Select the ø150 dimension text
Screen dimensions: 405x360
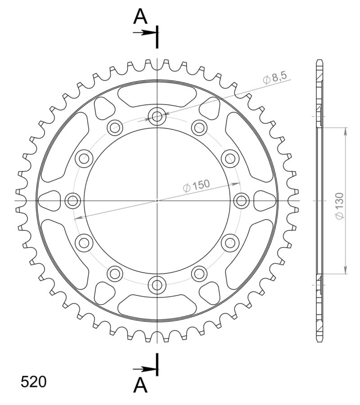coord(196,185)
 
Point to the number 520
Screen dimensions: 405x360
coord(33,382)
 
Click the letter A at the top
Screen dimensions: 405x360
coord(141,17)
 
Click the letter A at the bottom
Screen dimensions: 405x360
coord(141,385)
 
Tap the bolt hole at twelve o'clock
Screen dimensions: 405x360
coord(157,117)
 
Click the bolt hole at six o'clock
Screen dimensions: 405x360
coord(157,284)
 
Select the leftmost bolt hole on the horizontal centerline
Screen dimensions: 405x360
coord(73,201)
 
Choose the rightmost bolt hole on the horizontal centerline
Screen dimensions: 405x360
coord(241,201)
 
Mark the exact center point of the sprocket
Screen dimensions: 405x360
coord(157,201)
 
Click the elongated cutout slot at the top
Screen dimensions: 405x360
coord(157,96)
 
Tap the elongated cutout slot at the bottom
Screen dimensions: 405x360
coord(157,306)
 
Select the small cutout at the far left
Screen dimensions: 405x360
coord(49,201)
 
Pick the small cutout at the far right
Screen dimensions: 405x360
coord(265,201)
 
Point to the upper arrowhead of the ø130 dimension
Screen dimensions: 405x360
coord(346,130)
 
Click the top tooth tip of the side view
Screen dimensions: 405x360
coord(319,61)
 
